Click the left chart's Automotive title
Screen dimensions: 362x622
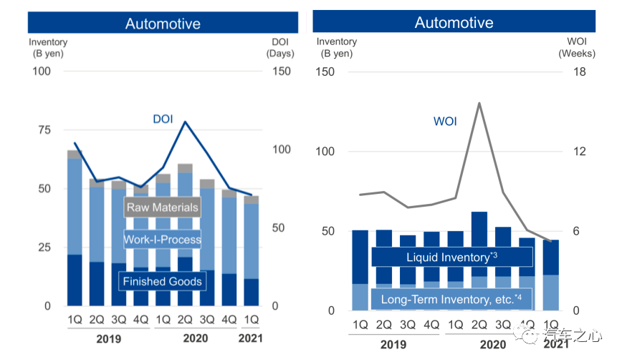(x=163, y=23)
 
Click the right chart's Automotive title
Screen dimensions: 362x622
(x=454, y=22)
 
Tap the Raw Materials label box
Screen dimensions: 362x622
(x=162, y=208)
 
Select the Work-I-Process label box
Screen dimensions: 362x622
(x=162, y=239)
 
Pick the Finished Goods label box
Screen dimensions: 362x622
(x=162, y=281)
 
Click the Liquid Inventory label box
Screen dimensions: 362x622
(x=451, y=257)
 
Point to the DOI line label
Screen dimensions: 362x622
(x=163, y=119)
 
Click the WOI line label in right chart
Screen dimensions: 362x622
(x=444, y=121)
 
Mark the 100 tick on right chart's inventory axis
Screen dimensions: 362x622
(x=326, y=152)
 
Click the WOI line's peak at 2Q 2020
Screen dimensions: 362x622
(x=479, y=103)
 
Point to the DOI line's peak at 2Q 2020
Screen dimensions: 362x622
(x=185, y=122)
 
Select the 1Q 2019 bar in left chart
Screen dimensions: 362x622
(x=75, y=229)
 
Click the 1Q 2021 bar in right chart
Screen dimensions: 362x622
(x=551, y=275)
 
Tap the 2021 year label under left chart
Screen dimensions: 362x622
(x=250, y=338)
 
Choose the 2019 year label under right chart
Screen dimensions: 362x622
(x=393, y=344)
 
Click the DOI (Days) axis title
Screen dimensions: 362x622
(x=280, y=47)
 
